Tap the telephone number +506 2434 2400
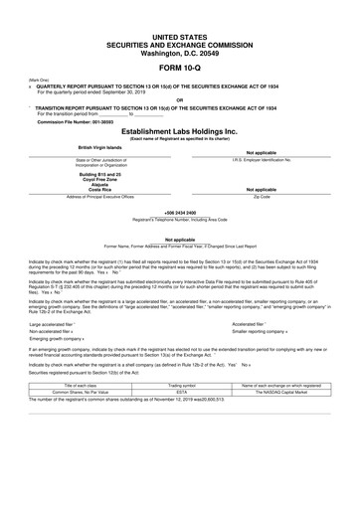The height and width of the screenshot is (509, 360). (179, 212)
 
